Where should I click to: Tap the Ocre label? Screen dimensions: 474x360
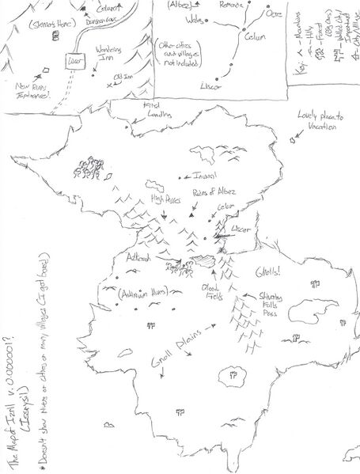(275, 13)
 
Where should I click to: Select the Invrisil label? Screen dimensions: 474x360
(203, 176)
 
